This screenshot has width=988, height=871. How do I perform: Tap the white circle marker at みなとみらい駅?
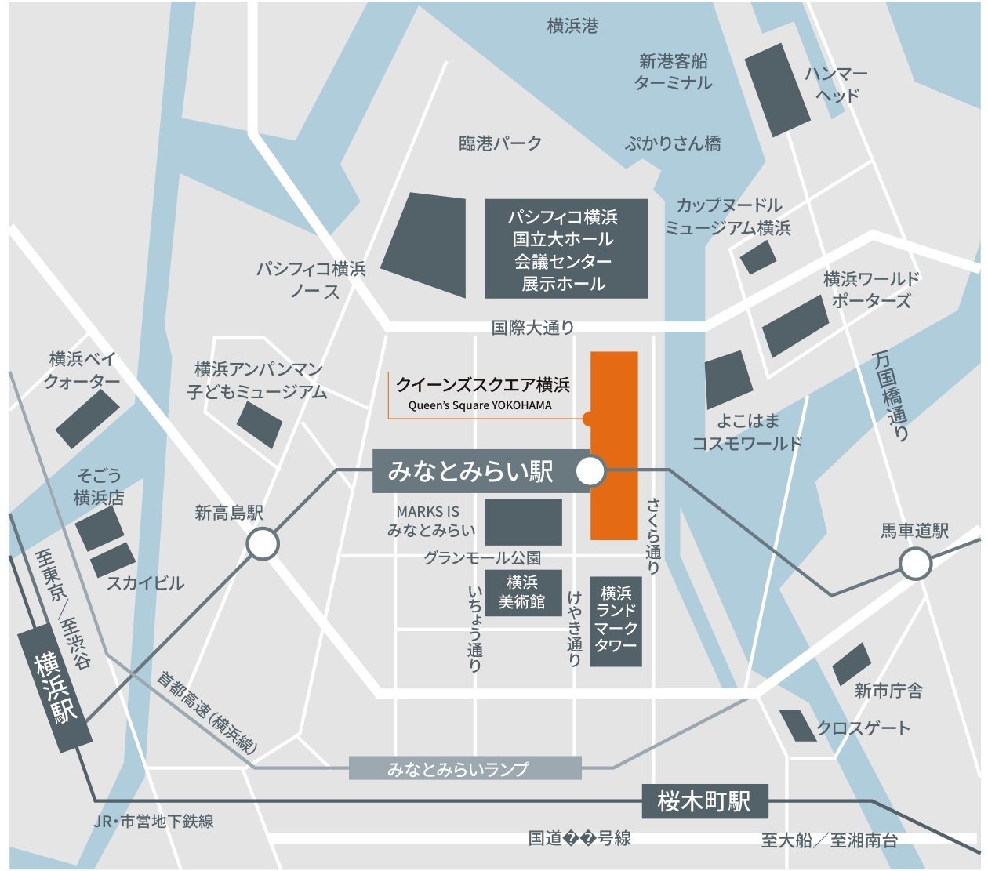pyautogui.click(x=590, y=471)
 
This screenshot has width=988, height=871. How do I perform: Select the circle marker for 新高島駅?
pyautogui.click(x=263, y=544)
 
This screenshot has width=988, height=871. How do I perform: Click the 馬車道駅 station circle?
pyautogui.click(x=914, y=564)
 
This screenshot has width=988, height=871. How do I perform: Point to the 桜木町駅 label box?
pyautogui.click(x=704, y=801)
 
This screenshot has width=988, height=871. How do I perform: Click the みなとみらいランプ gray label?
pyautogui.click(x=464, y=768)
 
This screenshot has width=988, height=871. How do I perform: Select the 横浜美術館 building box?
pyautogui.click(x=522, y=592)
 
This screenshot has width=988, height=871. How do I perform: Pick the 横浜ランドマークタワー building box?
pyautogui.click(x=616, y=620)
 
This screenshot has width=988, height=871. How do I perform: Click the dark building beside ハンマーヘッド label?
pyautogui.click(x=776, y=89)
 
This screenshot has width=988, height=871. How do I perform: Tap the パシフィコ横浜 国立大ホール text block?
pyautogui.click(x=565, y=249)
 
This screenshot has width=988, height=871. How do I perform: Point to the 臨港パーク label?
pyautogui.click(x=500, y=143)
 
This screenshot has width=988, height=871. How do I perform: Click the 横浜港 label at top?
pyautogui.click(x=572, y=26)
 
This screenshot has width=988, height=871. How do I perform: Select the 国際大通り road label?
pyautogui.click(x=532, y=328)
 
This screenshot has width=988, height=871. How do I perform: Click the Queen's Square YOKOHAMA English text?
pyautogui.click(x=479, y=405)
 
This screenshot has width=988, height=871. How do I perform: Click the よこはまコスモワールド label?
pyautogui.click(x=746, y=432)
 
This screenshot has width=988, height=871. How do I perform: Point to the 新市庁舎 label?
pyautogui.click(x=888, y=691)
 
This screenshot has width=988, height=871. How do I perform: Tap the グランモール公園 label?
pyautogui.click(x=481, y=558)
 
